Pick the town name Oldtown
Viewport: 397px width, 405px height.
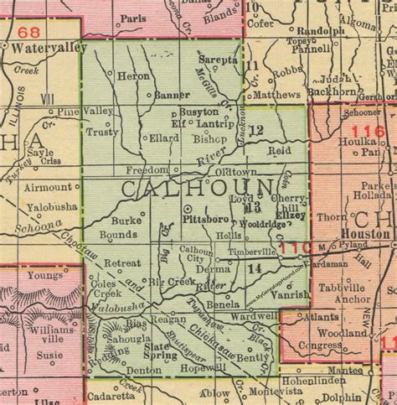(233, 170)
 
